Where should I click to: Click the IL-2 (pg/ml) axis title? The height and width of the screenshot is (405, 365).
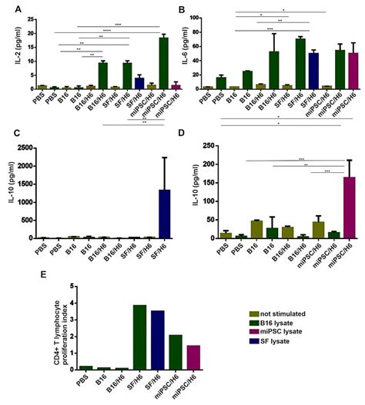[x=7, y=51]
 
